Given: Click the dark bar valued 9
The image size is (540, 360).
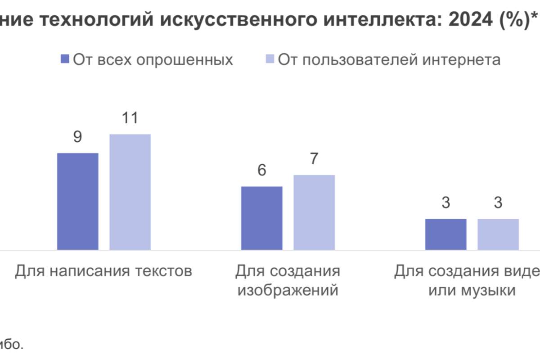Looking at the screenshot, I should (77, 201).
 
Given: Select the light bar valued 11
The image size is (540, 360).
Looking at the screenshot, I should (130, 192).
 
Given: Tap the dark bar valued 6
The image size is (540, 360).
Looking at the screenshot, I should (261, 218).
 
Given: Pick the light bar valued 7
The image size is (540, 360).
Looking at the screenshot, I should (314, 212).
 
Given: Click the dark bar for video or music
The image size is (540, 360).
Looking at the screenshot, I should (445, 234).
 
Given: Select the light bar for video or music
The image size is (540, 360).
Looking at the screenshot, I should (498, 234).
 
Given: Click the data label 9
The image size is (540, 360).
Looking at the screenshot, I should (77, 137).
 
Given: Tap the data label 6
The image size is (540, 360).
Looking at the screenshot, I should (261, 171).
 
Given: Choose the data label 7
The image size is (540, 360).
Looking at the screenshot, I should (314, 159).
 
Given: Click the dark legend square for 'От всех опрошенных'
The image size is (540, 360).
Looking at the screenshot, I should (64, 60).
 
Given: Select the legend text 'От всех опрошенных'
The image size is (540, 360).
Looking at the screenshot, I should (153, 60).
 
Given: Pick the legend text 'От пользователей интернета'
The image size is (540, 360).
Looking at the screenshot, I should (389, 60).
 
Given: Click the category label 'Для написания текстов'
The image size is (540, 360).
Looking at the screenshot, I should (103, 271).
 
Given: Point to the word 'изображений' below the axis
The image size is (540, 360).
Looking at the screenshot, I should (288, 291).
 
